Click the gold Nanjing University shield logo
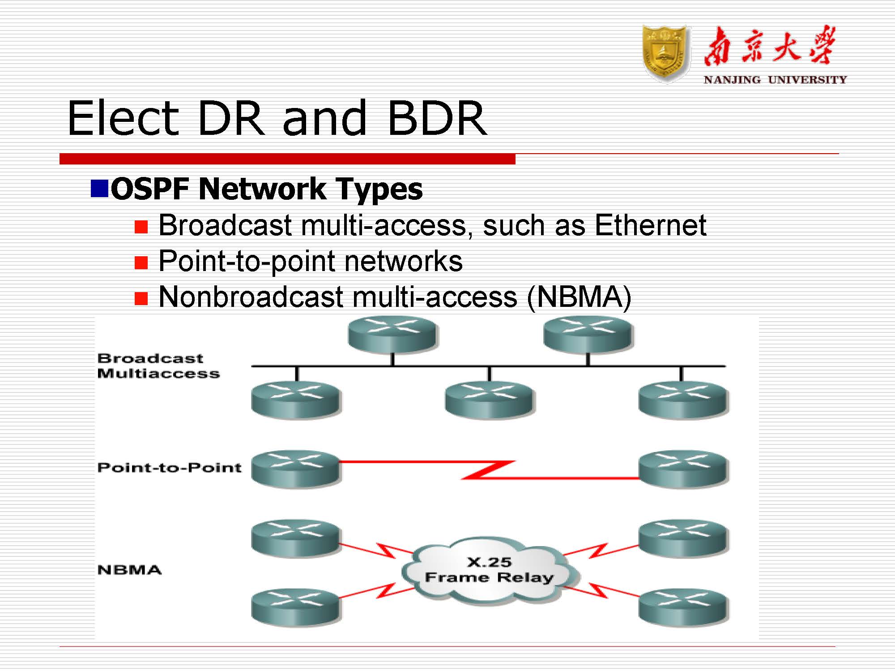665,54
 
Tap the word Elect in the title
123,118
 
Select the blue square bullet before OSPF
99,188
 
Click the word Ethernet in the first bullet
650,225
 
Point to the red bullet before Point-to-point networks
141,262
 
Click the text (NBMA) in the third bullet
579,297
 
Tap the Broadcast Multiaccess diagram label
158,366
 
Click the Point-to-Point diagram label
169,468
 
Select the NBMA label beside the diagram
129,570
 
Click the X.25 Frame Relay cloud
489,570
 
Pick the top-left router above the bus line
392,334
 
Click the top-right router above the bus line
587,334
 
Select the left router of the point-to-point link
295,468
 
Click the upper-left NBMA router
295,538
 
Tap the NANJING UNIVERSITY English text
775,80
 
